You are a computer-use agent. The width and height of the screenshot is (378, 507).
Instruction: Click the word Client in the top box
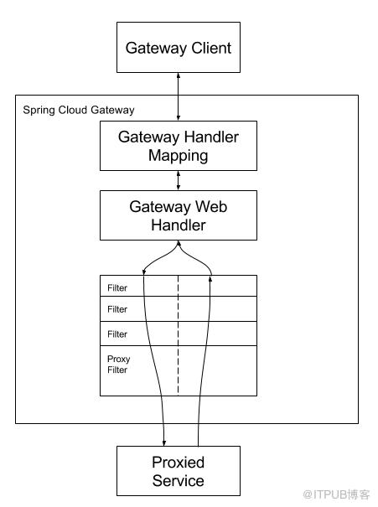tap(211, 48)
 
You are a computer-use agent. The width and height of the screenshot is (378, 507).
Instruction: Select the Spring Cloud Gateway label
tap(79, 111)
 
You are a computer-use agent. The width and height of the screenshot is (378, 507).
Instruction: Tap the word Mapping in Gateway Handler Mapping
tap(179, 156)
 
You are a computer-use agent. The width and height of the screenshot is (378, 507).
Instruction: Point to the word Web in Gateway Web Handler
tap(211, 206)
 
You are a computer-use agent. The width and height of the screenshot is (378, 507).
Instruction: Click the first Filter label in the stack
tap(117, 287)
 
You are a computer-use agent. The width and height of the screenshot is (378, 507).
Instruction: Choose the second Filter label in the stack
tap(117, 309)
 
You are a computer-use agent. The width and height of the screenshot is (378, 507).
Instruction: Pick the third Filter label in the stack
tap(117, 334)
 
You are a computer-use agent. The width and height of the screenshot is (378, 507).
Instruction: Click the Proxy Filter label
tap(118, 365)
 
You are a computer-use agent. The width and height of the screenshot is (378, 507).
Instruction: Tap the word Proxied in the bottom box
tap(179, 463)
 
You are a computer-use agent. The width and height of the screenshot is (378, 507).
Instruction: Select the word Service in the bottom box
tap(179, 480)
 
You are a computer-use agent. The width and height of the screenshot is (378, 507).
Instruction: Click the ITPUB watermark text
tap(336, 494)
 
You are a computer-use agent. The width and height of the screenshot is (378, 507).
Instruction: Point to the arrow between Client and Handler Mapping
tap(179, 96)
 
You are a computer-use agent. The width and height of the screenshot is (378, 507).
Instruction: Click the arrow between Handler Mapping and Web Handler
tap(179, 180)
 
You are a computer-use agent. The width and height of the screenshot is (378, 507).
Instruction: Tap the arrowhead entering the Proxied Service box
tap(164, 443)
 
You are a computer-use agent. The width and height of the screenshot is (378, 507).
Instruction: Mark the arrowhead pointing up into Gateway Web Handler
tap(179, 243)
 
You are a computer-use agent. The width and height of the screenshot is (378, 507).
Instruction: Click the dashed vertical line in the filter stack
tap(179, 335)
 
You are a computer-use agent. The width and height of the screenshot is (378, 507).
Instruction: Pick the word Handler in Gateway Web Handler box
tap(179, 225)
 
